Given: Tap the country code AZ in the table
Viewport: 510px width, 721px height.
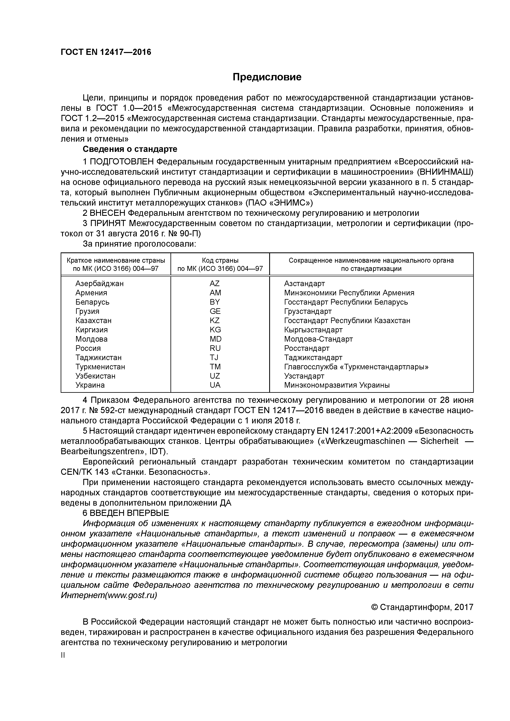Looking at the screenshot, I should (215, 284).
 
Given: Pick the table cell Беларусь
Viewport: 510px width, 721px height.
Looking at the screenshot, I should (92, 302).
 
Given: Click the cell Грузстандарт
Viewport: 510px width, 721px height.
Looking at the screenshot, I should (308, 311).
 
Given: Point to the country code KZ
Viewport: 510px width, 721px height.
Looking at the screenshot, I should (215, 321).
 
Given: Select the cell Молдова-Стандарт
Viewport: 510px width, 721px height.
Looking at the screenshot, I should (318, 339).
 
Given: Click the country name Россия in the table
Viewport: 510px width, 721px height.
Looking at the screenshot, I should (88, 348).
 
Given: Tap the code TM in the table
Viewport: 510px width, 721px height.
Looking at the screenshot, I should (215, 367).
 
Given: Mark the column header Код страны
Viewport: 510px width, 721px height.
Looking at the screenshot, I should (220, 260).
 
